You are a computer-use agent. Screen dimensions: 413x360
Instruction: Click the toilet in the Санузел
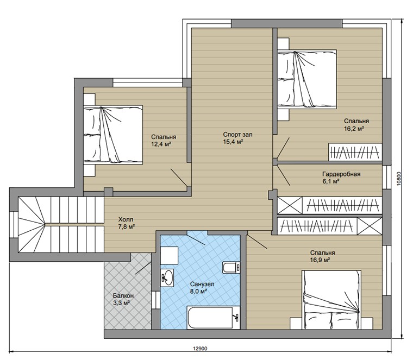click(231, 268)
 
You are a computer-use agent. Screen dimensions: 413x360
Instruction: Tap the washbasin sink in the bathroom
click(167, 277)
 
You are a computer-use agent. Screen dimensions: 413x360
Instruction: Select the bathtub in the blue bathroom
click(214, 317)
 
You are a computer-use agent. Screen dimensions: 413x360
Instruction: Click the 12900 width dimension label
click(200, 349)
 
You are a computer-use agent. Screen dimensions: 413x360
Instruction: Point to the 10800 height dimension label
click(399, 179)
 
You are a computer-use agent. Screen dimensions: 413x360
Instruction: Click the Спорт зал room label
click(237, 135)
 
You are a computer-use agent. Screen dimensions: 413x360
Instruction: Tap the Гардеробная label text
click(341, 174)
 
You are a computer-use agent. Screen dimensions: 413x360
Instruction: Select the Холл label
click(126, 219)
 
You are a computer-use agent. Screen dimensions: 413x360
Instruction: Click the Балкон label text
click(123, 295)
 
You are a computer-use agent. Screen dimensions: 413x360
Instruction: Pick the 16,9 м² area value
click(320, 260)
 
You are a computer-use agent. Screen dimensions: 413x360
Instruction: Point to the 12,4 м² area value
click(161, 144)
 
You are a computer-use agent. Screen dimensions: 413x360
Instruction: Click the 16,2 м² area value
click(354, 129)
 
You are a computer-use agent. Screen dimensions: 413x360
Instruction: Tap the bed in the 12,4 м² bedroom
click(113, 135)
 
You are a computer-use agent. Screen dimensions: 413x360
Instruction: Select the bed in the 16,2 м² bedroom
click(307, 79)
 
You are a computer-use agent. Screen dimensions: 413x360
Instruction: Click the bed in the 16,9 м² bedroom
click(331, 300)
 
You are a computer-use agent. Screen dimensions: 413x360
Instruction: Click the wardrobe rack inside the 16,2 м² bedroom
click(355, 152)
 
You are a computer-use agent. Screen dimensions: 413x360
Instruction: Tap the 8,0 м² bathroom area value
click(198, 292)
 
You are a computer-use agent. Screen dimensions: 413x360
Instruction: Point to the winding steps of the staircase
click(32, 225)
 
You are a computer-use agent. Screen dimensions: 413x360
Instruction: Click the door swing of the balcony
click(143, 268)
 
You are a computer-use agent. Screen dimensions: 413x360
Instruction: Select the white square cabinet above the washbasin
click(169, 256)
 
